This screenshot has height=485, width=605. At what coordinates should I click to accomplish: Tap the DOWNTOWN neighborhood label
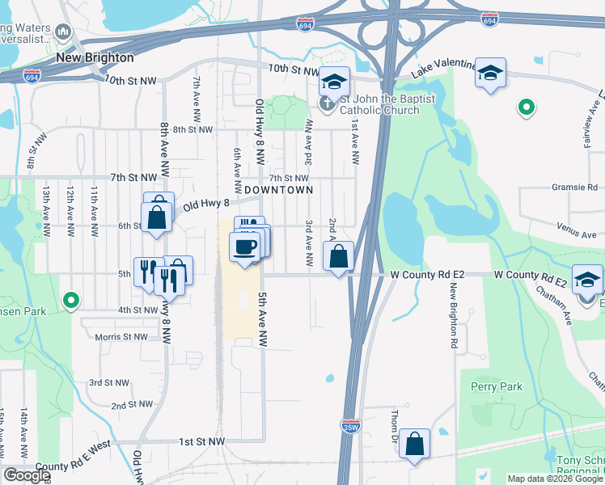pyautogui.click(x=278, y=189)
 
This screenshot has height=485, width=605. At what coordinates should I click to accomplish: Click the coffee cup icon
pyautogui.click(x=244, y=247)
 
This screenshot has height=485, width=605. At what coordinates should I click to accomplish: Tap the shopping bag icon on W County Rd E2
pyautogui.click(x=340, y=256)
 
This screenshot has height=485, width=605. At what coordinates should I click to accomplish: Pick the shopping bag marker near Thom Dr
pyautogui.click(x=414, y=444)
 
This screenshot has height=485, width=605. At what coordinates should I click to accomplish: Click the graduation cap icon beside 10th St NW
pyautogui.click(x=332, y=80)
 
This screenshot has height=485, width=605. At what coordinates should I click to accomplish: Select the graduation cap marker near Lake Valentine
pyautogui.click(x=489, y=73)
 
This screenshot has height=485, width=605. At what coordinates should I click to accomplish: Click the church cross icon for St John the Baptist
pyautogui.click(x=327, y=103)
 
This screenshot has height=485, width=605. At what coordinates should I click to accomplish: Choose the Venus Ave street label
pyautogui.click(x=576, y=233)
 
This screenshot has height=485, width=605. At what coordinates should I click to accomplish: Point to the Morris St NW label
pyautogui.click(x=121, y=336)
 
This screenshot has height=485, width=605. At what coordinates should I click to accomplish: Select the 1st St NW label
pyautogui.click(x=201, y=441)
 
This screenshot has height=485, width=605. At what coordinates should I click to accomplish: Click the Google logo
pyautogui.click(x=27, y=475)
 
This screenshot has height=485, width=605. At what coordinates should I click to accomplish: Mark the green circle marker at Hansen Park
pyautogui.click(x=71, y=300)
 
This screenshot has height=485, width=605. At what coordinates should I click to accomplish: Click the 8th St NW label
pyautogui.click(x=192, y=129)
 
